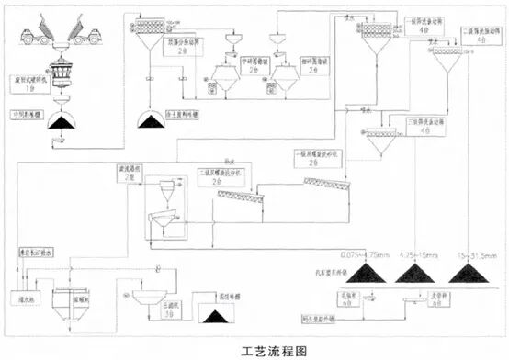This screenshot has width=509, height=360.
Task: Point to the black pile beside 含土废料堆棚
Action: (148, 119)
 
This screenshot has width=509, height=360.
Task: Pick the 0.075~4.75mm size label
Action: (366, 253)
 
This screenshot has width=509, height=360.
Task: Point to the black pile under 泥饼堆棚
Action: (219, 316)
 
